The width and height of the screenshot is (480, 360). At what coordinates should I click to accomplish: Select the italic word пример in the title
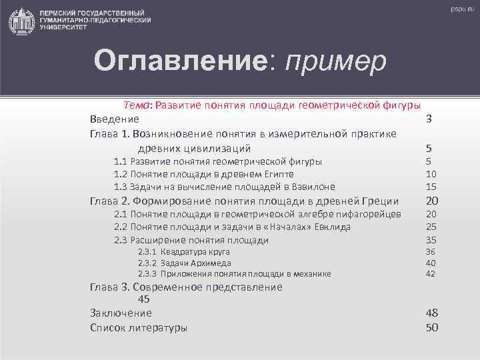(335, 63)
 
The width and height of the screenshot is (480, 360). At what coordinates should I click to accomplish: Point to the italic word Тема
(138, 105)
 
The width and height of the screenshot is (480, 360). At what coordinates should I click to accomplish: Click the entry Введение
(115, 119)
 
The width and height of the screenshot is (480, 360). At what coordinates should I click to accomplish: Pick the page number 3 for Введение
(430, 119)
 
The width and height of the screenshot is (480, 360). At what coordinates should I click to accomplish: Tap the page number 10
(431, 174)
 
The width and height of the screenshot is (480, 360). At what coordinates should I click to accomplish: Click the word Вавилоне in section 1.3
(311, 187)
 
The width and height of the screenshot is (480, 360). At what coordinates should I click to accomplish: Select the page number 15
(431, 187)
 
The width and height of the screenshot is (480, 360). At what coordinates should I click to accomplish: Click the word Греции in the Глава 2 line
(379, 201)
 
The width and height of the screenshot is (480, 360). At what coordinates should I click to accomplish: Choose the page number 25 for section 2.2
(431, 227)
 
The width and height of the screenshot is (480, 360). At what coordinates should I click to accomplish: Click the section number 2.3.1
(147, 251)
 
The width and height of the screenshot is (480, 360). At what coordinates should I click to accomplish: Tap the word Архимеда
(211, 263)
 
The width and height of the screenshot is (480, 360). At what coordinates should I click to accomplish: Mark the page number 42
(431, 273)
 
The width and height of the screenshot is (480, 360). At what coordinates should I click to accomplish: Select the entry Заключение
(121, 313)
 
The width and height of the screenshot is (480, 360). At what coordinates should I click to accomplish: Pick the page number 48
(431, 313)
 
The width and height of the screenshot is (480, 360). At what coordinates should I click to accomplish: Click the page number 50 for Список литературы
(431, 327)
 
